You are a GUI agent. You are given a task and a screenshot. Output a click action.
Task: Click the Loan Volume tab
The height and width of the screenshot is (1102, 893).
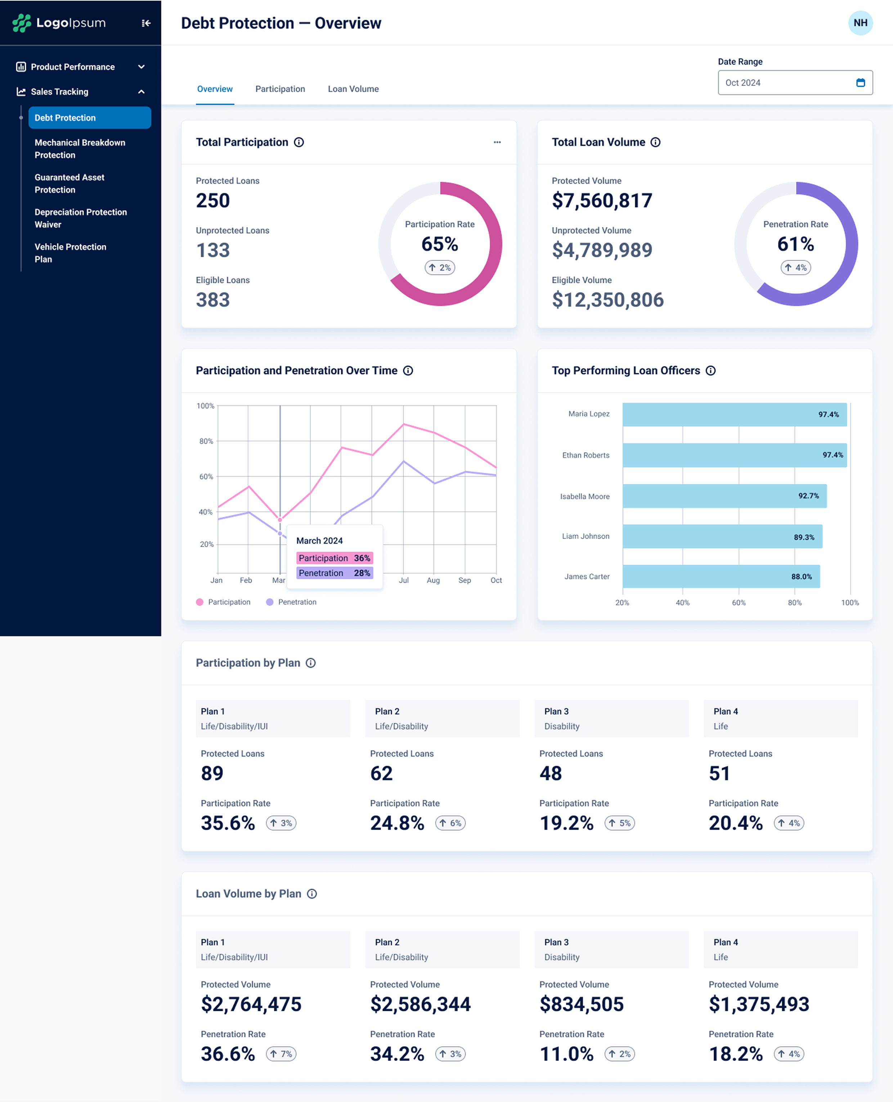353,89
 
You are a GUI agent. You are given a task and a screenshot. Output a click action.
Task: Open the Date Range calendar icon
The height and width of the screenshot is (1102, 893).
860,83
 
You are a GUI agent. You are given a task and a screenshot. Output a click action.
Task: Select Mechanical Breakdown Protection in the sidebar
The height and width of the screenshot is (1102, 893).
80,149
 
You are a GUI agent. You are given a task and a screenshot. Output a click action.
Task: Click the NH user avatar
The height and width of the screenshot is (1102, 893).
860,23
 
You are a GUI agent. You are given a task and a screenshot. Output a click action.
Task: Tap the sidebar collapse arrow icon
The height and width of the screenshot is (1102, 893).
146,23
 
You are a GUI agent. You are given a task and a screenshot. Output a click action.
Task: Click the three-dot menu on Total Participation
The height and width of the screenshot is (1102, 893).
497,142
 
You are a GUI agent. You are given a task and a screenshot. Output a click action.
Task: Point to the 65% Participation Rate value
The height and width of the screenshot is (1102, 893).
439,244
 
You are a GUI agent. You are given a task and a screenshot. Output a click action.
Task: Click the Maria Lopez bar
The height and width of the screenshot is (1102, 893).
734,414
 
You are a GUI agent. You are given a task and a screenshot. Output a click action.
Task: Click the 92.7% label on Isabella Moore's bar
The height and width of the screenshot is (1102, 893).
808,496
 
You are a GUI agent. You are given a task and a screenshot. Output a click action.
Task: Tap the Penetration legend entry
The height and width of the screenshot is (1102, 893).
291,602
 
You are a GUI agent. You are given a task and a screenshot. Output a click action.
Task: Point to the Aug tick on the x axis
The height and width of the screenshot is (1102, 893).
433,580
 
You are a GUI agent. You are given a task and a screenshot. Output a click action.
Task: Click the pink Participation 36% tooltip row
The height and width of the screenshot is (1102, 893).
335,558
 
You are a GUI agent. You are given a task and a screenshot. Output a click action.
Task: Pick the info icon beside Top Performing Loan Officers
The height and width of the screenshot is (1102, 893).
710,370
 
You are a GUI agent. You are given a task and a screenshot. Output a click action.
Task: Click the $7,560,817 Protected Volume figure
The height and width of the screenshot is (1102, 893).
602,201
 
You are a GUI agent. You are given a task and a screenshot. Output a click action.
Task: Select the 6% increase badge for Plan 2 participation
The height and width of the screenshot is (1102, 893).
450,823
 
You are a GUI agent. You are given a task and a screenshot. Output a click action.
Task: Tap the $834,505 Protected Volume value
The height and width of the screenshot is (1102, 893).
581,1004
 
